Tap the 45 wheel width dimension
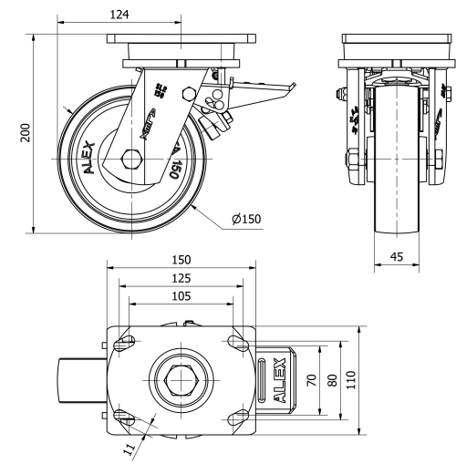point(396,257)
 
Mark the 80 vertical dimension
point(332,379)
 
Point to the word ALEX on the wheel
point(88,156)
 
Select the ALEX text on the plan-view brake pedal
point(277,379)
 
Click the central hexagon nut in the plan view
point(179,377)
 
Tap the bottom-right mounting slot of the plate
point(234,416)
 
